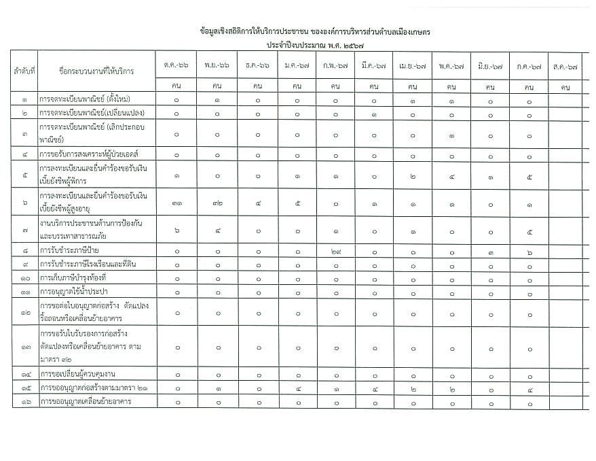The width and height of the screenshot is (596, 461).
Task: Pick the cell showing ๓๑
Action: click(176, 201)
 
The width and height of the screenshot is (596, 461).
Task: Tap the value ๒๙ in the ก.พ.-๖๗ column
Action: click(335, 251)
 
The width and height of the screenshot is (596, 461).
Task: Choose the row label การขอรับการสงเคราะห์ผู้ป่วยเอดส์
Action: click(88, 154)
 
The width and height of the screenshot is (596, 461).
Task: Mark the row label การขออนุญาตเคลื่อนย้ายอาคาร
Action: click(85, 401)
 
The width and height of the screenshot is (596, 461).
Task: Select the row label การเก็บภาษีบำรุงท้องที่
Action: click(73, 278)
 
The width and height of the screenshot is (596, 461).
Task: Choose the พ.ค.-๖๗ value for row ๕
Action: click(451, 175)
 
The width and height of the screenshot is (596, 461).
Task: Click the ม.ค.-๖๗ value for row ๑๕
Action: click(297, 388)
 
